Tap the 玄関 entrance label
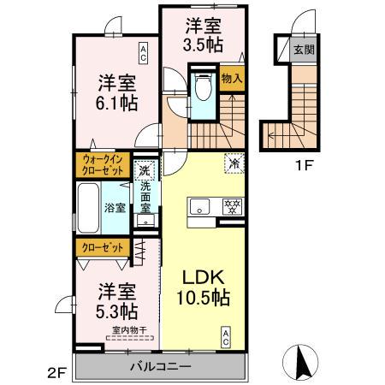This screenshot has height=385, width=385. (304, 50)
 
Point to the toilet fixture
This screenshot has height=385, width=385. (203, 90)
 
